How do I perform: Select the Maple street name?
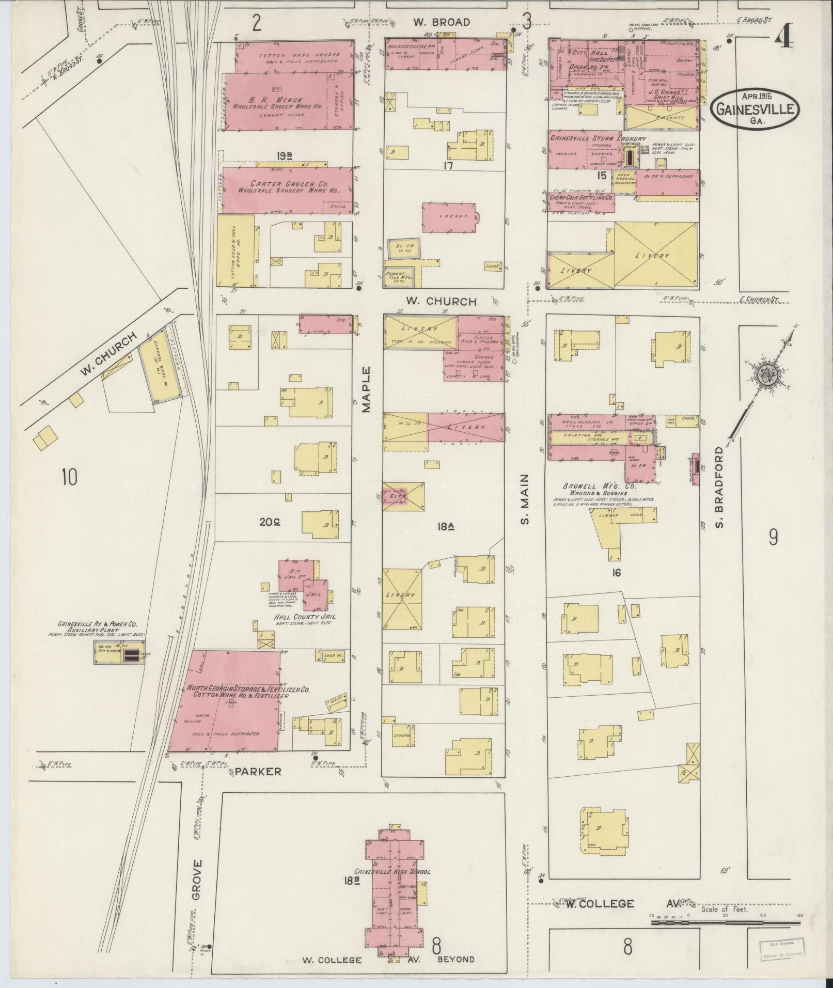366,389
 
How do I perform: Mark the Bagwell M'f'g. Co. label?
601,487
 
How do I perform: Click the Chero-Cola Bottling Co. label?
581,198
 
